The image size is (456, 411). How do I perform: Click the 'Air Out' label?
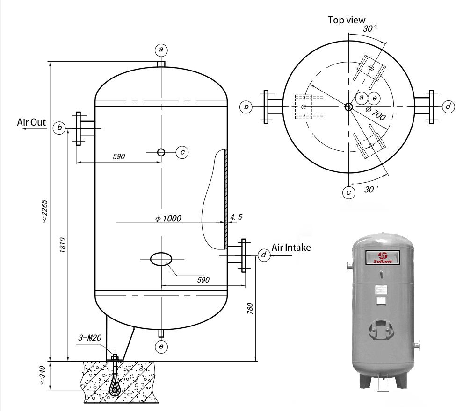coord(32,122)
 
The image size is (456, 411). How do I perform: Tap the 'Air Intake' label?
coord(291,248)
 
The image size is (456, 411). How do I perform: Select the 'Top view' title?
coord(346,20)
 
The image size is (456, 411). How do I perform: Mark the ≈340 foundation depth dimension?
coord(43,376)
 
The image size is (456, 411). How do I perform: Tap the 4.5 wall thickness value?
coord(236,217)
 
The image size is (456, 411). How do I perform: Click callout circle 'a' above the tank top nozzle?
coord(161,50)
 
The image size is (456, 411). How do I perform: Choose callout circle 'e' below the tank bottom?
coord(161,347)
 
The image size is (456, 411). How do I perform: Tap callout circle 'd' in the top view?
coord(448,107)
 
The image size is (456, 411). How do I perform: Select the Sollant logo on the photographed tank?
coord(383,257)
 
